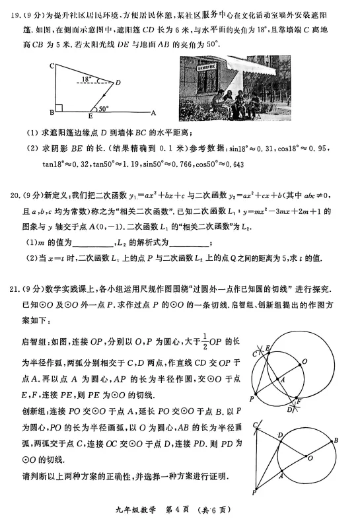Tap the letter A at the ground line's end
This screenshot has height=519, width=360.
click(154, 112)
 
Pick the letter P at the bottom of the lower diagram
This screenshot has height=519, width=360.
click(254, 493)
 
